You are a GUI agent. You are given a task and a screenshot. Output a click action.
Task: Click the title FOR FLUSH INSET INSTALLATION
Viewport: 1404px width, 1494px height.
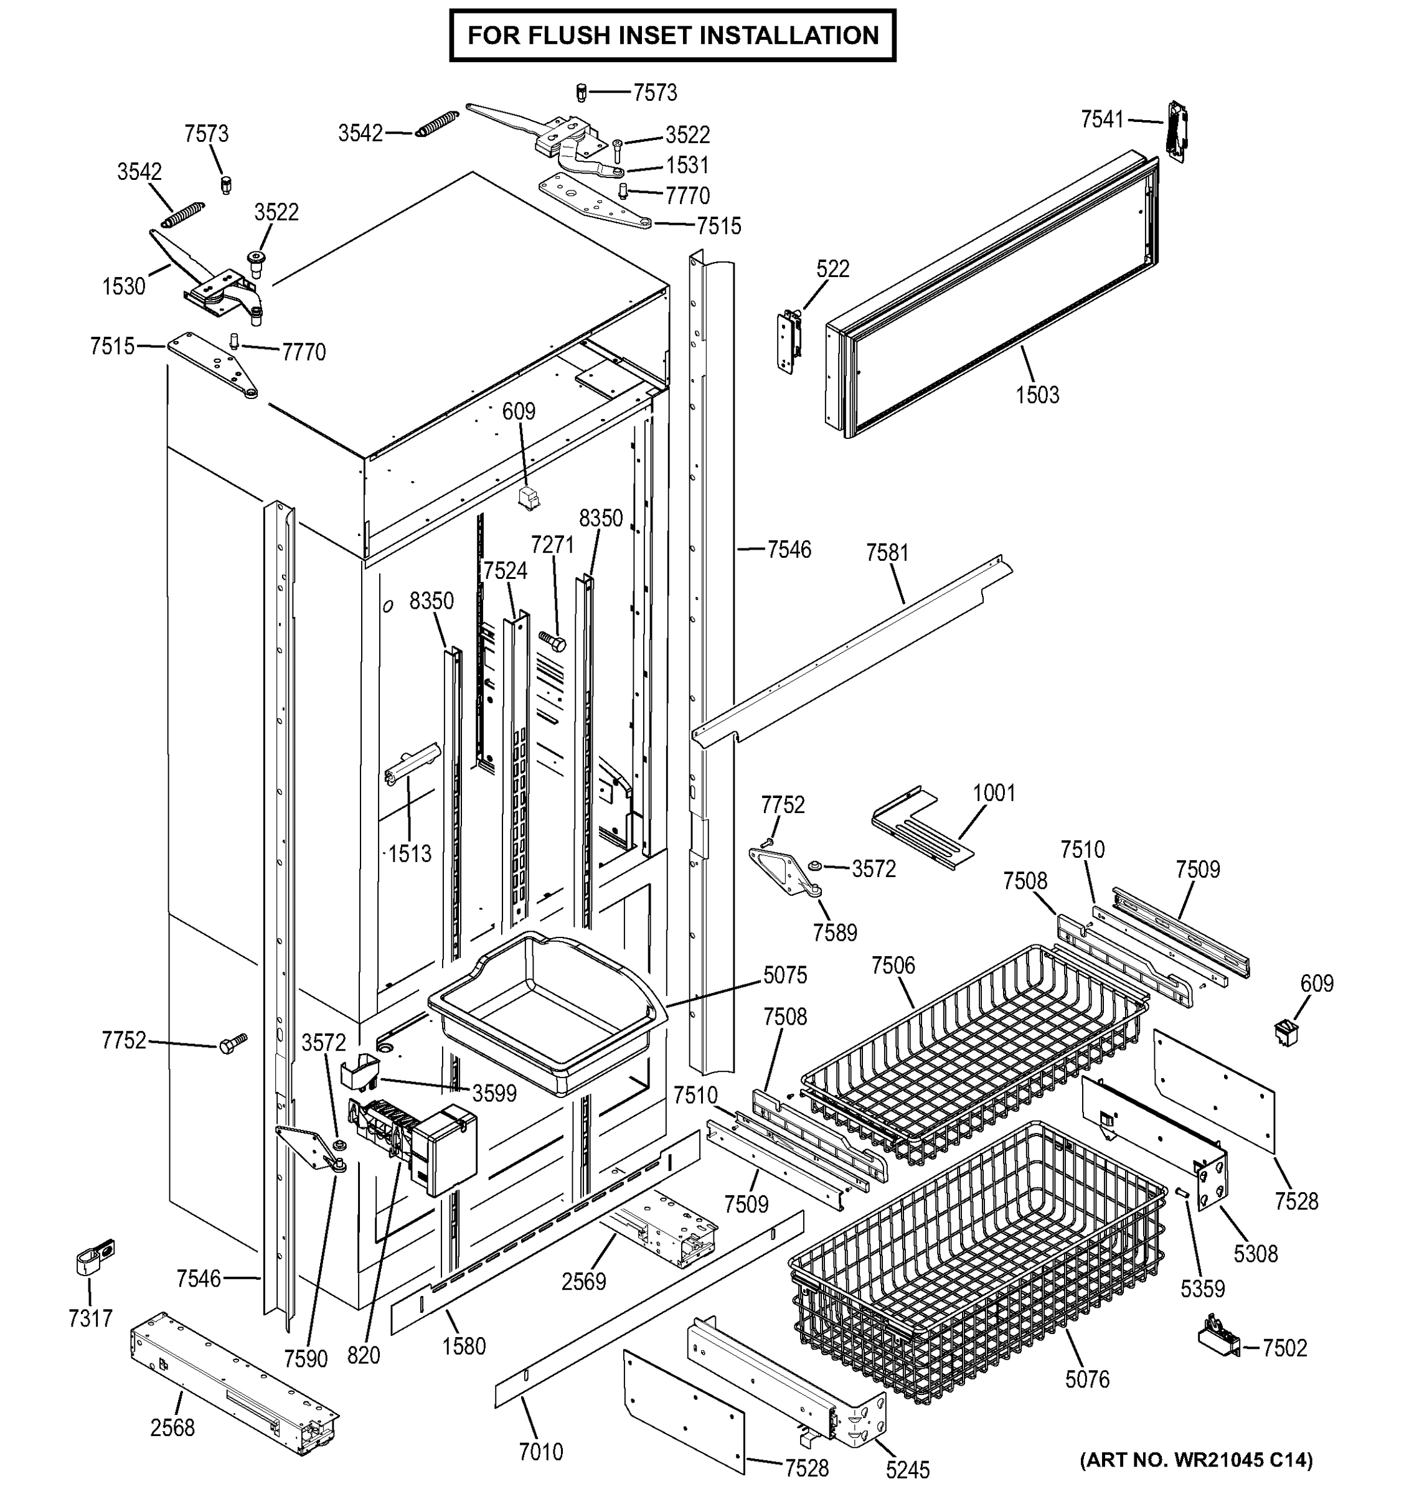672,35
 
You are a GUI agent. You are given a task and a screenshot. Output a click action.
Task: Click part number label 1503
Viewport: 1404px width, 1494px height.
1037,395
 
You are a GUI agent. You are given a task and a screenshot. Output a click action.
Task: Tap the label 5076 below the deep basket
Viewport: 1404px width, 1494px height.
1087,1379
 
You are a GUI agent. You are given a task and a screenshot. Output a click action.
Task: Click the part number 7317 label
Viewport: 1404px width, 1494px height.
90,1318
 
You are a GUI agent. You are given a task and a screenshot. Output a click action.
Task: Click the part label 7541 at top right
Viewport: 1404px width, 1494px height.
1102,119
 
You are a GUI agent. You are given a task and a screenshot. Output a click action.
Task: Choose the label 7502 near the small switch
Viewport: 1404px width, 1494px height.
1284,1348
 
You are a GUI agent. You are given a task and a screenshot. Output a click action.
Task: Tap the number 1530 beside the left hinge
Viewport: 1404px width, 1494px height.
123,286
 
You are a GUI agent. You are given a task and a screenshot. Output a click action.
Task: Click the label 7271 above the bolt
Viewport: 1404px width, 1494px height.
552,545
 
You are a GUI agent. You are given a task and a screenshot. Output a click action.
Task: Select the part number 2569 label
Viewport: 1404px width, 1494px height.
583,1281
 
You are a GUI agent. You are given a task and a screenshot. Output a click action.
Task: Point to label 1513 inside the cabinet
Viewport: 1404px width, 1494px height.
410,853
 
